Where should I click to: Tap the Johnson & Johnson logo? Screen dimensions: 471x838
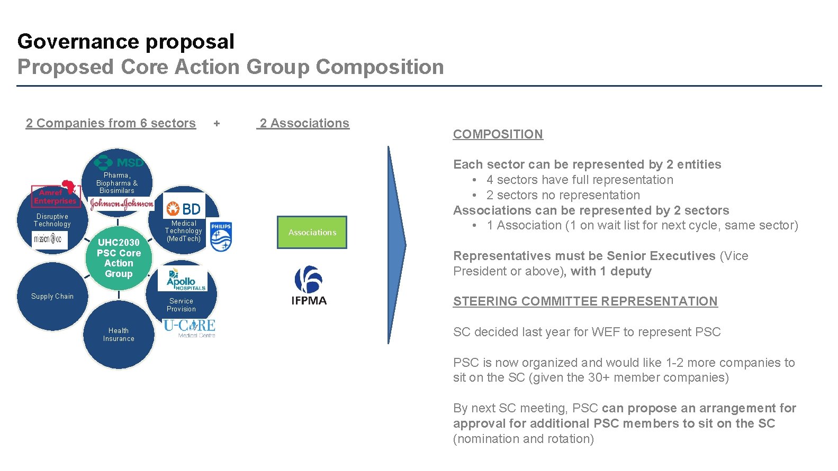click(122, 203)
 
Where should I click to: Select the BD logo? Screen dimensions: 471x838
click(183, 209)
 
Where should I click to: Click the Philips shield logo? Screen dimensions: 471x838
click(221, 236)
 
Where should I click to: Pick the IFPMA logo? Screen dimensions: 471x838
click(309, 286)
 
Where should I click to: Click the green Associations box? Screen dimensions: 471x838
click(312, 232)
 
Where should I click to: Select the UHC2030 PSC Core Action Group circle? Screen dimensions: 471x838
click(119, 258)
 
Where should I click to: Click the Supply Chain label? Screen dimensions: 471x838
click(52, 297)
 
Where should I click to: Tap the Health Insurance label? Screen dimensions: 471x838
click(119, 335)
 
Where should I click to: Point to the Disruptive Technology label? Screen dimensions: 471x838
click(52, 220)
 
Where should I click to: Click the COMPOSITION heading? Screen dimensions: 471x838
click(498, 134)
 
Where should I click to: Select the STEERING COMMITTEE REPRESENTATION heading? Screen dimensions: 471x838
click(585, 301)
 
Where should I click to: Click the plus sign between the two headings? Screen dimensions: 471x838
click(217, 124)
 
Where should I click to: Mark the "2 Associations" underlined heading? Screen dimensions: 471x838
click(304, 123)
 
